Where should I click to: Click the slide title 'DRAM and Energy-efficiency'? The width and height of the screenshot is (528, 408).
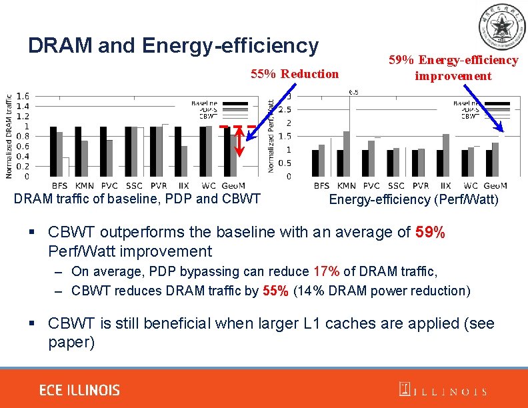(x=173, y=45)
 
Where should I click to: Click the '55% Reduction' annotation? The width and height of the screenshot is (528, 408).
(x=294, y=74)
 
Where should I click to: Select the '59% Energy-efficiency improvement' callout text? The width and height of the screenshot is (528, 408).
(x=453, y=68)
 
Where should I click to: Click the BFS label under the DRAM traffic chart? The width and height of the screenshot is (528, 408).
(x=59, y=185)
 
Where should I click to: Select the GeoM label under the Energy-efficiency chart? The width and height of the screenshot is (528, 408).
(x=495, y=185)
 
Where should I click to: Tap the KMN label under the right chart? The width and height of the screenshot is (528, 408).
(x=347, y=185)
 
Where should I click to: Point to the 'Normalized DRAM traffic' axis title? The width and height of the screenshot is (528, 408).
(x=9, y=135)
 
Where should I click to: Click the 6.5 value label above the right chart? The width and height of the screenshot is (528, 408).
(x=353, y=93)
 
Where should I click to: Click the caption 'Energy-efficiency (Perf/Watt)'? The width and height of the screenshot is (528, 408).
(x=413, y=199)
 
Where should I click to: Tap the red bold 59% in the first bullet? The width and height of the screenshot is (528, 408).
(x=430, y=233)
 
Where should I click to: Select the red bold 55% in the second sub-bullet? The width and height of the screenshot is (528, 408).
(x=275, y=291)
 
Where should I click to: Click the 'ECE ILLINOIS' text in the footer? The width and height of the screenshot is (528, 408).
(x=79, y=390)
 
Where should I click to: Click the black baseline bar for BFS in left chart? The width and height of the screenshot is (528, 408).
(x=53, y=151)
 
